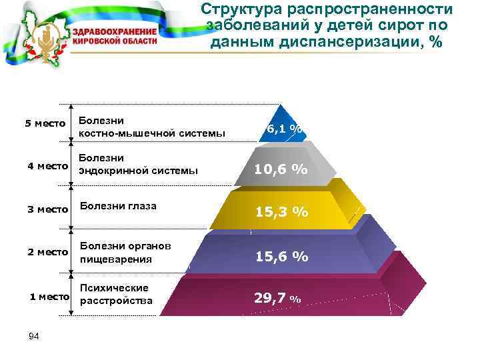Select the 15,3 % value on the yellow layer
tap(281, 212)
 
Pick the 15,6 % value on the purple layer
tap(281, 256)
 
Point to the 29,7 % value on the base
tap(278, 299)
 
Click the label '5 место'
tap(45, 123)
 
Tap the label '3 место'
tap(48, 209)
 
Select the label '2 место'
tap(48, 252)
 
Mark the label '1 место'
tap(49, 295)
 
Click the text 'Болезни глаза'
tap(118, 205)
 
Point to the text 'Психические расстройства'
tap(116, 294)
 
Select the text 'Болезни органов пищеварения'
tap(125, 253)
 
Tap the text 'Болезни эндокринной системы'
tap(138, 164)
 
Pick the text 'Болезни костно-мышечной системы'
tap(152, 127)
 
